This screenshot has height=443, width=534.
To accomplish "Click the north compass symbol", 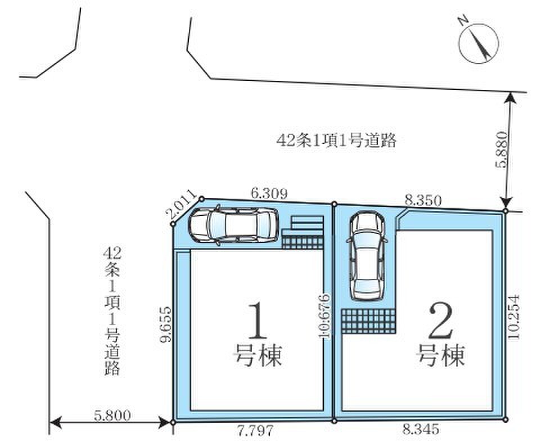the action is click(478, 43).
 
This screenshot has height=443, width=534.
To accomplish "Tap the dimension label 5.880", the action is click(502, 150).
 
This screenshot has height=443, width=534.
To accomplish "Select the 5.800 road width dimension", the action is click(112, 416).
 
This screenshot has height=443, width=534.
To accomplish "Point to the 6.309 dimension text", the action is click(269, 193).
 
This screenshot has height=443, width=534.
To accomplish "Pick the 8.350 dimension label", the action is click(423, 200).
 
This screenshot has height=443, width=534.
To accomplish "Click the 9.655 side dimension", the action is click(166, 324).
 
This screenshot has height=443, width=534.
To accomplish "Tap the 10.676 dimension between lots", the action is click(325, 315).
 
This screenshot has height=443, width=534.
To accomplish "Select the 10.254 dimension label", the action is click(513, 317).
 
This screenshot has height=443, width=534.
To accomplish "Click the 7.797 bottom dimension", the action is click(255, 431).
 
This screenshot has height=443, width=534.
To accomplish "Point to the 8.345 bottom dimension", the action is click(420, 429).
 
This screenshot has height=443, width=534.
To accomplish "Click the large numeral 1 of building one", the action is click(257, 320).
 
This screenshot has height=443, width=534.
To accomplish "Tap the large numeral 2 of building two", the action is click(441, 320).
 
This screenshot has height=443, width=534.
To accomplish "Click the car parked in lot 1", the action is click(234, 224).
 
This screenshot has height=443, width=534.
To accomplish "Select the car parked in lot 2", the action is click(367, 255).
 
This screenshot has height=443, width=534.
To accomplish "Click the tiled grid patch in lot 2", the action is click(369, 321).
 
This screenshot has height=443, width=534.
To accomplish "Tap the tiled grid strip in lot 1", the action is click(302, 242).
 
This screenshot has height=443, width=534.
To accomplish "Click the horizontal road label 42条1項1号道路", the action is click(336, 140).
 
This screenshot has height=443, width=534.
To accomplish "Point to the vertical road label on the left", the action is click(112, 311).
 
